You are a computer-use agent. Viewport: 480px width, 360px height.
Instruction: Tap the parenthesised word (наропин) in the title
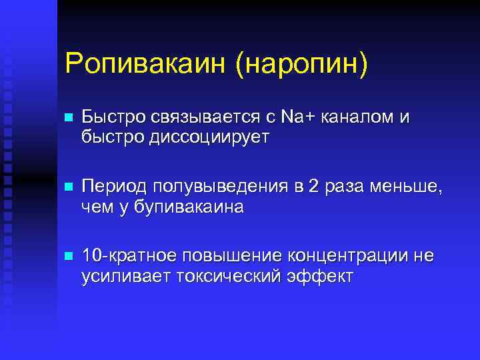(x=301, y=65)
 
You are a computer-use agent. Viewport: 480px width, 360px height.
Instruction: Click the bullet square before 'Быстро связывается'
(x=67, y=118)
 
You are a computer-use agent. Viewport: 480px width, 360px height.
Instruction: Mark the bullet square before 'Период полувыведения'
(x=67, y=187)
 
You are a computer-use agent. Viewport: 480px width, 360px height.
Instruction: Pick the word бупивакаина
(x=188, y=207)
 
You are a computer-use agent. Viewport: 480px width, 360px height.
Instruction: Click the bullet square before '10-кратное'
(x=67, y=257)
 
